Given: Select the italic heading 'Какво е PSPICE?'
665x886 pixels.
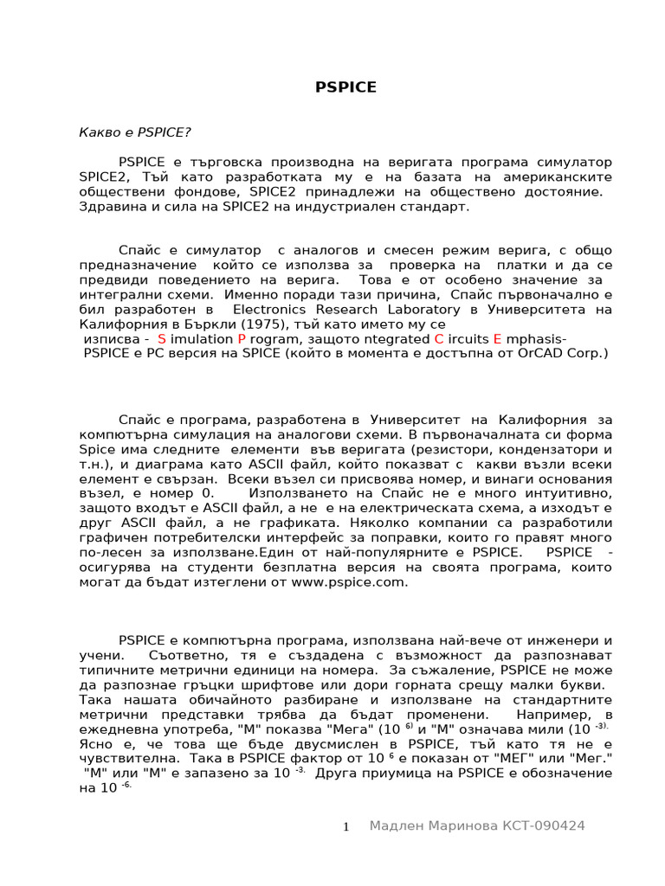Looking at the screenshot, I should click(x=134, y=132).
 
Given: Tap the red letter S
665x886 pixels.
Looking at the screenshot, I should click(x=162, y=339).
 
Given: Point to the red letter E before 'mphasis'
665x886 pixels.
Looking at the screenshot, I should click(x=497, y=339).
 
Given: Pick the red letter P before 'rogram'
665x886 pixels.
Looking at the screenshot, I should click(x=242, y=339).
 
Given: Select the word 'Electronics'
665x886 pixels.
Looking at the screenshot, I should click(x=270, y=309).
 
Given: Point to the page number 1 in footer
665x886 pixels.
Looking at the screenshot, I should click(x=345, y=827).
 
